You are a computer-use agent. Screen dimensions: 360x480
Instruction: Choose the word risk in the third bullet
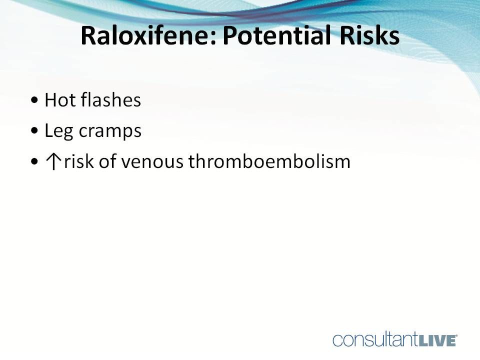point(79,162)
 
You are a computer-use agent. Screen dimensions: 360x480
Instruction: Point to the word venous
point(153,162)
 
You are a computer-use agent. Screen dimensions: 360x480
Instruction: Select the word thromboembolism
point(269,162)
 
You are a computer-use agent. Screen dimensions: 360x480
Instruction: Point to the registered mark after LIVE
point(456,336)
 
